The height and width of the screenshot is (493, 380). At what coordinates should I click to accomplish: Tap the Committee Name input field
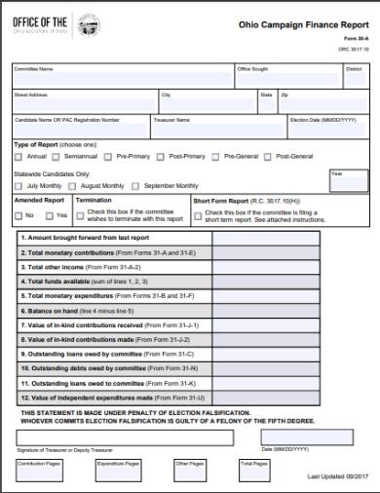point(122,77)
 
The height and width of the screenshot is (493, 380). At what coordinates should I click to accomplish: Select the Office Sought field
point(286,77)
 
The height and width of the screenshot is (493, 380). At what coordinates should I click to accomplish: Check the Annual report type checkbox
point(19,156)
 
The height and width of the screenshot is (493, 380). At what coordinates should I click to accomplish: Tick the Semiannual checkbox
point(57,156)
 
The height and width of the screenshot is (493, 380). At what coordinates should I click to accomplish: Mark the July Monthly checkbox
point(19,185)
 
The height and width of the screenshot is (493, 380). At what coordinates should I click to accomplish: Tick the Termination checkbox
point(80,211)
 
